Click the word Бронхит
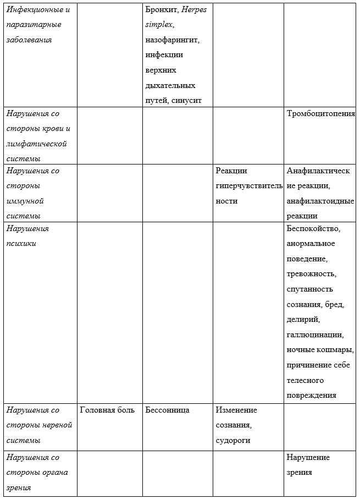(162, 10)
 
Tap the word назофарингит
(172, 40)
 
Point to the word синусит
(187, 100)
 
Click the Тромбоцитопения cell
(320, 114)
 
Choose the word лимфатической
(37, 144)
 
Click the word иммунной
(25, 201)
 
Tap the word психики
(21, 243)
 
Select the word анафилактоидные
(320, 201)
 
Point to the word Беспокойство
(314, 228)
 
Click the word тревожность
(311, 274)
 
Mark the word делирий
(303, 320)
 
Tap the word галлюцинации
(315, 335)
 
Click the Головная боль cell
(107, 410)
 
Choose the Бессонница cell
(168, 410)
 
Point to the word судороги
(233, 441)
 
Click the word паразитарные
(34, 25)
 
